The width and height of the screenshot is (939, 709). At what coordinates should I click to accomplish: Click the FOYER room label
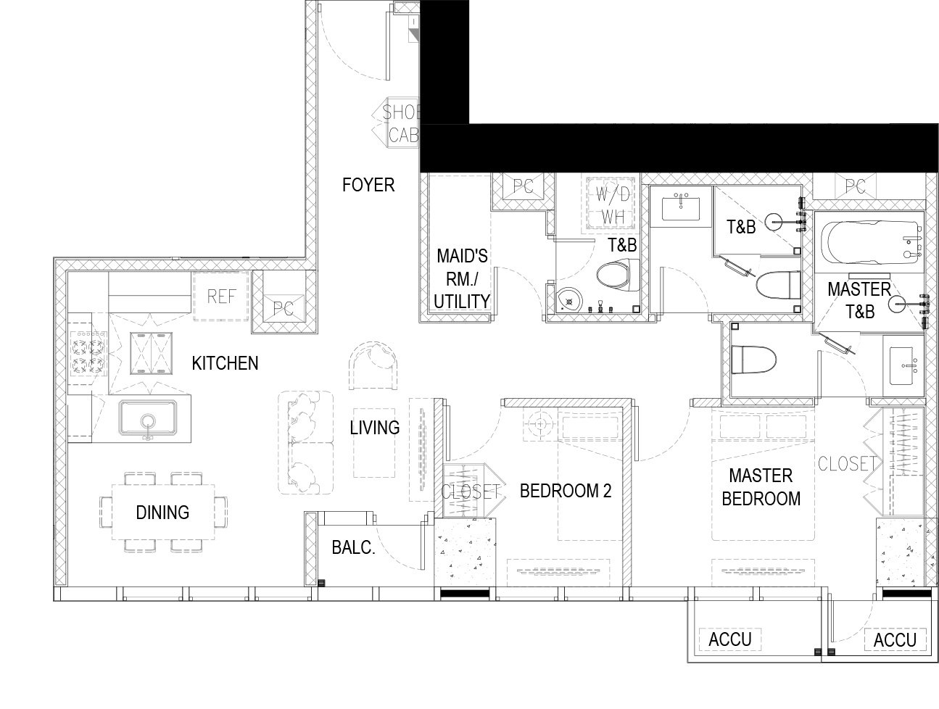click(x=368, y=185)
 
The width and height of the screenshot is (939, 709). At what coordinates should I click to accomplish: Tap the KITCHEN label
click(x=225, y=363)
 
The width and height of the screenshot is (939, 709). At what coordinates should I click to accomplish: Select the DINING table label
click(x=162, y=513)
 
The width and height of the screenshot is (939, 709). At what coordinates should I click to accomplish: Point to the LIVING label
click(x=375, y=428)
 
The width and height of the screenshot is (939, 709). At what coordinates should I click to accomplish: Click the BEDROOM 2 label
click(x=566, y=491)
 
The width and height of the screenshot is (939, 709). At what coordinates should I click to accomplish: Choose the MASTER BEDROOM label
click(x=761, y=487)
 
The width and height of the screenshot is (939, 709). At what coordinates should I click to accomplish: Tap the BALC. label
click(x=353, y=547)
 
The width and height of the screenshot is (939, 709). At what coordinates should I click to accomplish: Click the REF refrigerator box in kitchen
click(x=220, y=297)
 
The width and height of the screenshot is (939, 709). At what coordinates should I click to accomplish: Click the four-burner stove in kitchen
click(x=88, y=353)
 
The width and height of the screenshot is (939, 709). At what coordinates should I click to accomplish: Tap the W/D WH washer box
click(x=612, y=205)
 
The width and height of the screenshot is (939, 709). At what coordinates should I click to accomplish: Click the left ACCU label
click(x=730, y=639)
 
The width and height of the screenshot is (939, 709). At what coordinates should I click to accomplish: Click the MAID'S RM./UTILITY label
click(x=462, y=279)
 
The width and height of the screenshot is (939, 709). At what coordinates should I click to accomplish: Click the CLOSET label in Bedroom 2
click(x=470, y=492)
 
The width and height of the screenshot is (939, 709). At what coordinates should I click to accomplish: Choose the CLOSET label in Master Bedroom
click(x=848, y=463)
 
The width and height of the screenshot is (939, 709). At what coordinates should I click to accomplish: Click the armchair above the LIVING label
click(x=373, y=365)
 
